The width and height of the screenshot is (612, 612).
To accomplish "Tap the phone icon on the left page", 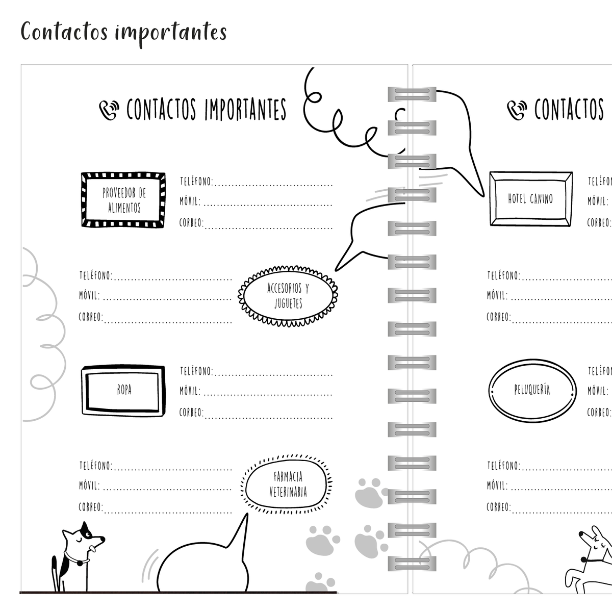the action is click(109, 110).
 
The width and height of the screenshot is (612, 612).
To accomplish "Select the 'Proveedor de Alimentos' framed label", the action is click(123, 200).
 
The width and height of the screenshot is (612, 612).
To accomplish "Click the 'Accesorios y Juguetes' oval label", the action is click(288, 296).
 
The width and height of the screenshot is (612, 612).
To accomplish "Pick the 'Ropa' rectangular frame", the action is click(123, 390).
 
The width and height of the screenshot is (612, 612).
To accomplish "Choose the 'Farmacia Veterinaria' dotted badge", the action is click(287, 484).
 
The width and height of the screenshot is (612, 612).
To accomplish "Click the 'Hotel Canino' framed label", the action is click(531, 199).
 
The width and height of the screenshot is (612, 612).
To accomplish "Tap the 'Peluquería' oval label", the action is click(532, 391).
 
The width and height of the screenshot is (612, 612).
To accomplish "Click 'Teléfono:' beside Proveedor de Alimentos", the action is click(196, 182).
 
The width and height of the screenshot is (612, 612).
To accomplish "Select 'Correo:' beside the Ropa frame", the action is click(191, 413).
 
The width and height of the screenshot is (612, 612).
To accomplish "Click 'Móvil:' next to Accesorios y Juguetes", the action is click(90, 295).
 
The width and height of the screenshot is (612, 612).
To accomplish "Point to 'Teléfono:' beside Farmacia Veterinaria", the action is click(96, 466).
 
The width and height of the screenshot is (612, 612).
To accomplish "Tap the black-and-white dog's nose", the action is click(103, 539).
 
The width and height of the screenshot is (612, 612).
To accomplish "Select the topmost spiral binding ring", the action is click(412, 94).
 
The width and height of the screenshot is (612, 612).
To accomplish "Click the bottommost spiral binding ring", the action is click(412, 564).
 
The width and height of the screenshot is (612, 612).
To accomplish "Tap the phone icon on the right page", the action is click(517, 110).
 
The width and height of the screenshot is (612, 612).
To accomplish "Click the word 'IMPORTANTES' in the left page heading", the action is click(245, 110).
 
